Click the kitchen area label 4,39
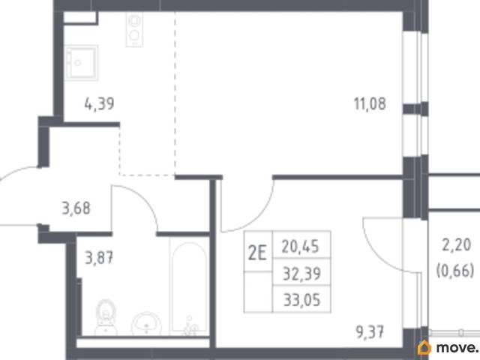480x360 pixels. click(x=99, y=103)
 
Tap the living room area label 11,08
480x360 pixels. click(x=370, y=103)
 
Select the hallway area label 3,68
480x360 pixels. click(x=76, y=208)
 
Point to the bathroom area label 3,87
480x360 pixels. click(x=99, y=257)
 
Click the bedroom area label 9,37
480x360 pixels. click(x=370, y=332)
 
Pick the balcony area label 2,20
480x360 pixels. click(x=457, y=245)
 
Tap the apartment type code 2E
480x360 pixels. click(x=257, y=253)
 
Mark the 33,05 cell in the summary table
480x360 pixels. click(x=301, y=299)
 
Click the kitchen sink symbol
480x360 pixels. click(x=81, y=63)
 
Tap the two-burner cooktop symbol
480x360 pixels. click(x=134, y=30)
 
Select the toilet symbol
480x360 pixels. click(x=106, y=317)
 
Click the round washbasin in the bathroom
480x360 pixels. click(x=146, y=324)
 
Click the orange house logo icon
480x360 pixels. click(x=424, y=347)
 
